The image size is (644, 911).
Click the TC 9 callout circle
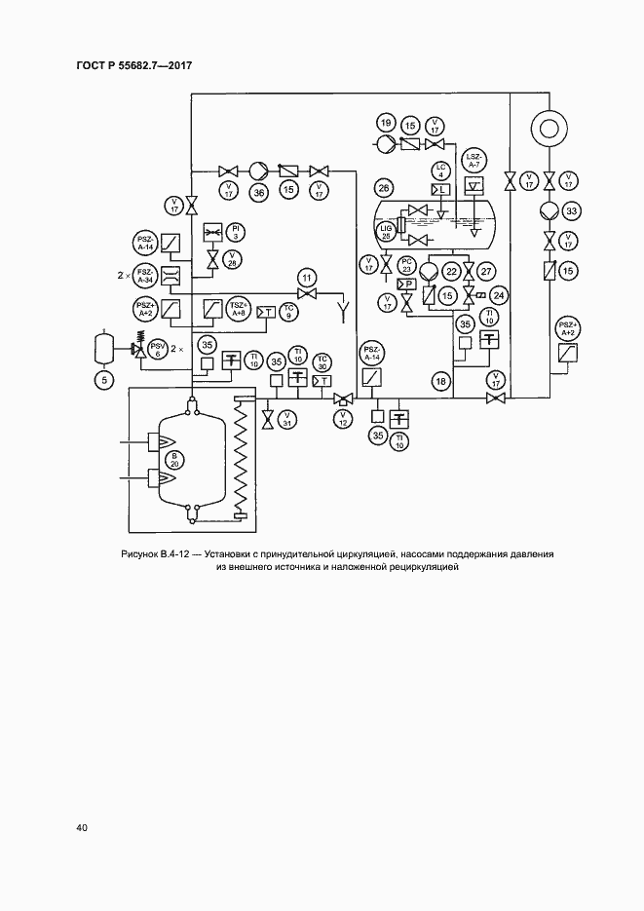287,312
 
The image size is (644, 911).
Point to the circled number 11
308,279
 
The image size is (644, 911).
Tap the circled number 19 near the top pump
386,124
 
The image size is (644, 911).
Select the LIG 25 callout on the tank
386,230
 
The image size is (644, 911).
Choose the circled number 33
572,210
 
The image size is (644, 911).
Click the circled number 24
500,294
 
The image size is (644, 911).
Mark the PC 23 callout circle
409,264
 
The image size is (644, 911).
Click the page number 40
81,828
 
